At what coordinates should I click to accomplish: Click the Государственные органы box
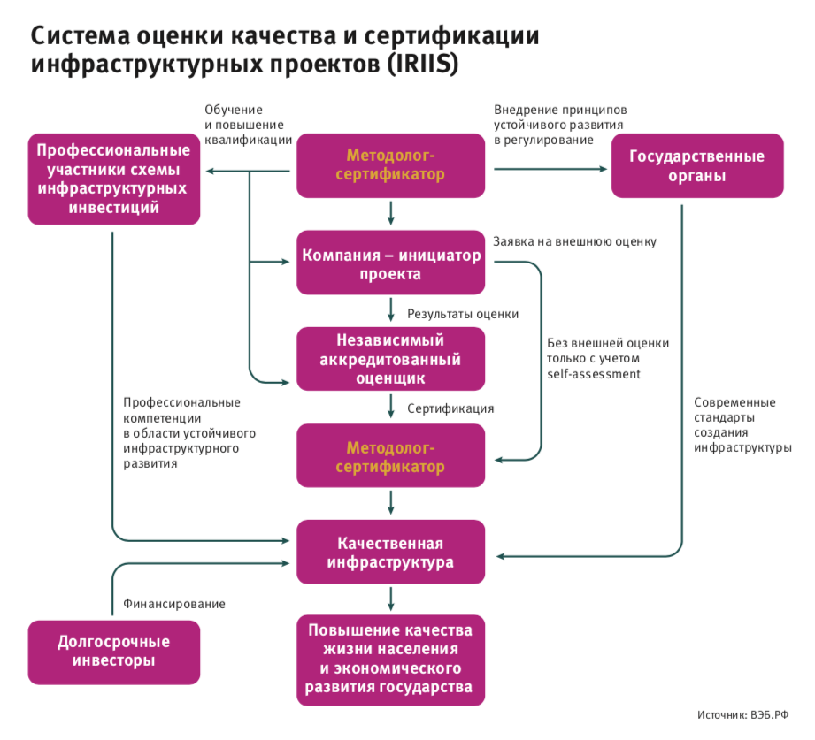696,166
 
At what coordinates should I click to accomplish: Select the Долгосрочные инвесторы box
113,651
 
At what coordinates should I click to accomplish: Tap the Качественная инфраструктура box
390,553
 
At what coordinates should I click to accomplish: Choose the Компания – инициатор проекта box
390,264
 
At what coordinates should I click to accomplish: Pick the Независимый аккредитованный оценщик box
390,359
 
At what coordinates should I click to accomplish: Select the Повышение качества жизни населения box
390,659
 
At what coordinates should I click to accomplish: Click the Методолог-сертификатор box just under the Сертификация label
390,455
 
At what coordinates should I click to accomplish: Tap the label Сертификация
450,408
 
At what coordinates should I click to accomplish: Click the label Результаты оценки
463,313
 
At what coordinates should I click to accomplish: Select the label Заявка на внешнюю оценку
574,241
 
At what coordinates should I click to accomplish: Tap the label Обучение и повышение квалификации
248,125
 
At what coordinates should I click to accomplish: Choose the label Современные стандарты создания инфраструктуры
742,424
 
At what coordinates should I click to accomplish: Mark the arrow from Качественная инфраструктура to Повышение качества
390,600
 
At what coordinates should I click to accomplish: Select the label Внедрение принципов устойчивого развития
559,125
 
